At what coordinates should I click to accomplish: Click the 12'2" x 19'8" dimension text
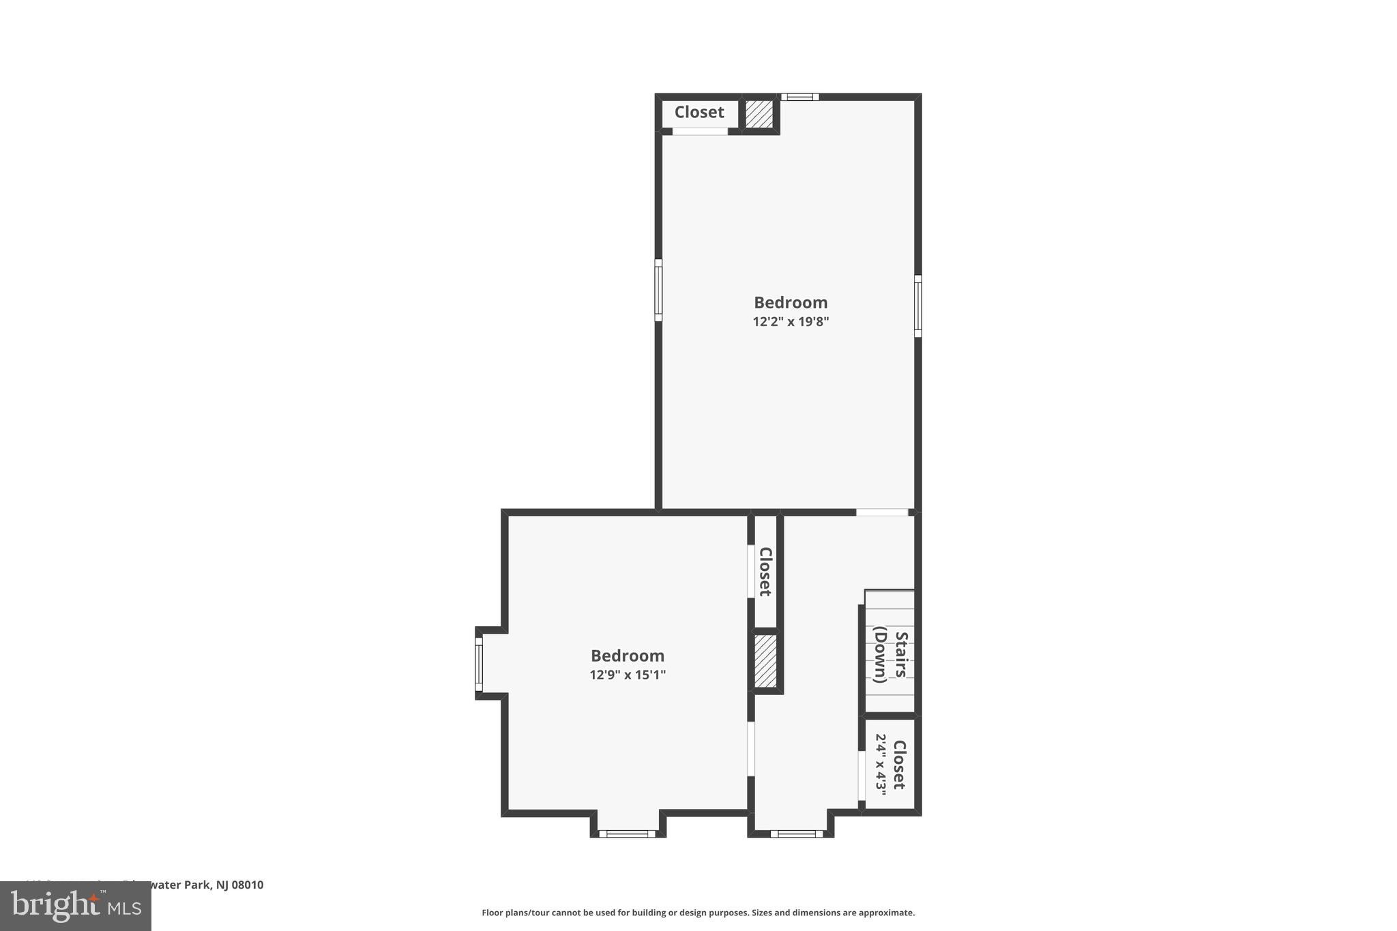[x=791, y=322]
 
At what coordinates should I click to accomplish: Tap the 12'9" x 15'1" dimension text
[x=628, y=675]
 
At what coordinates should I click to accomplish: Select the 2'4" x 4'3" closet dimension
[x=881, y=765]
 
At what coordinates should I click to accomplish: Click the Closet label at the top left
[x=699, y=113]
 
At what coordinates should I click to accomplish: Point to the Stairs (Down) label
[x=890, y=655]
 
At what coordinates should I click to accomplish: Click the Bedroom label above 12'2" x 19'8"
[x=791, y=303]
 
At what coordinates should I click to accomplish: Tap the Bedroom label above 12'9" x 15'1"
[x=628, y=656]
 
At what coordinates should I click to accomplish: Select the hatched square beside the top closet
[x=759, y=114]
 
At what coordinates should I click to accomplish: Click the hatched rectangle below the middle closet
[x=765, y=661]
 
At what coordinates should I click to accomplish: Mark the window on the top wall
[x=799, y=97]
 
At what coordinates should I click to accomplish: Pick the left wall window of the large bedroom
[x=658, y=290]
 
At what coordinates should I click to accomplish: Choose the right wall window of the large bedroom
[x=917, y=306]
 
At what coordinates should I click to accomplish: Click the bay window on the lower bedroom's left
[x=479, y=664]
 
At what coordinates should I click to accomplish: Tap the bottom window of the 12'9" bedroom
[x=627, y=833]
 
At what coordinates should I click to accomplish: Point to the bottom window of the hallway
[x=796, y=833]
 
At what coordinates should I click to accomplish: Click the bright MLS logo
[x=76, y=906]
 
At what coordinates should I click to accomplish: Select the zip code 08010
[x=248, y=885]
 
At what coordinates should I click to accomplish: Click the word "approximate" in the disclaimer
[x=886, y=913]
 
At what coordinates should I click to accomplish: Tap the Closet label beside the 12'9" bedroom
[x=765, y=572]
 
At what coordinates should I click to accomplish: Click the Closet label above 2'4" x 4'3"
[x=899, y=765]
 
